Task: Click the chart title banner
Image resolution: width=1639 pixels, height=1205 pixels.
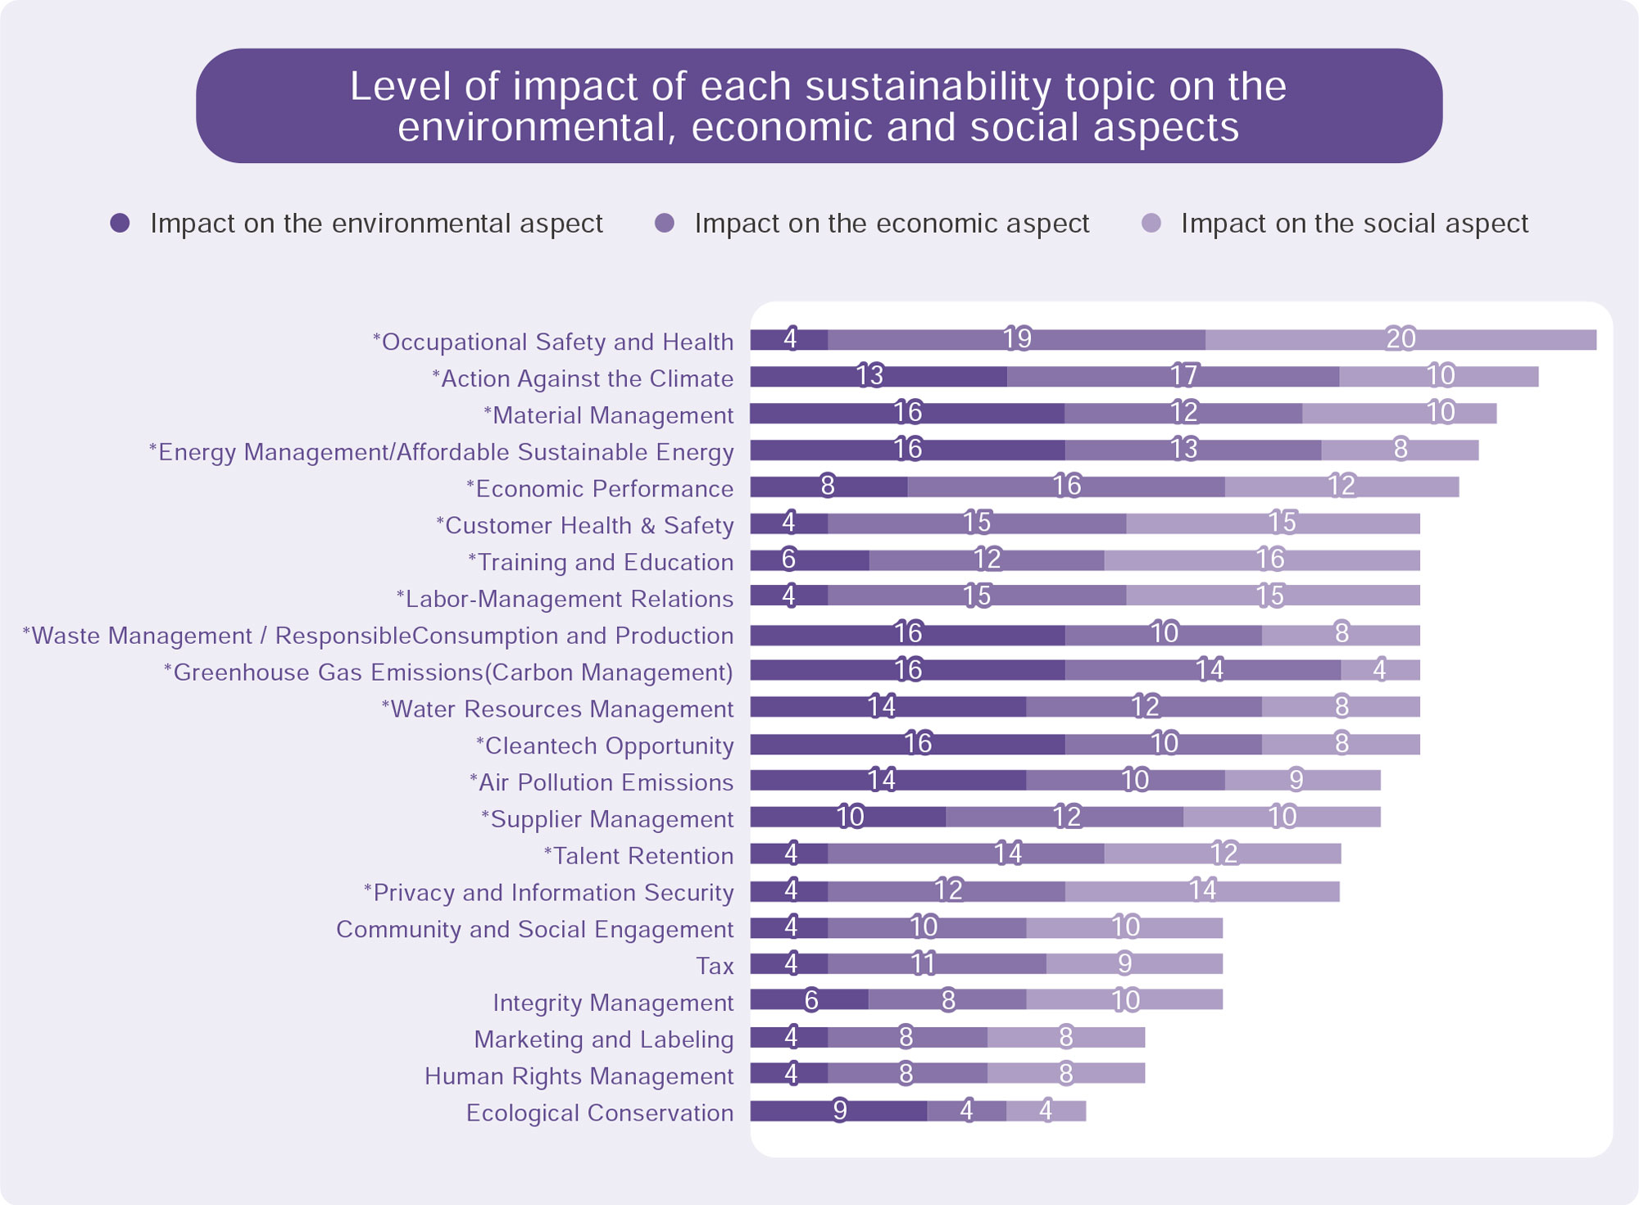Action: tap(819, 106)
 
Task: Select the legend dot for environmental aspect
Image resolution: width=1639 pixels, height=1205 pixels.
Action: tap(120, 223)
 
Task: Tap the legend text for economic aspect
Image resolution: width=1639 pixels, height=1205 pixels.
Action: tap(891, 224)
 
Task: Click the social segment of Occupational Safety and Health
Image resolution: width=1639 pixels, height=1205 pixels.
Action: tap(1400, 339)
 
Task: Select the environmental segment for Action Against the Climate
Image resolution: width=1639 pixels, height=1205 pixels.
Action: tap(878, 376)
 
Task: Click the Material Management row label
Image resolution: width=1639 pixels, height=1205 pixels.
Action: tap(608, 415)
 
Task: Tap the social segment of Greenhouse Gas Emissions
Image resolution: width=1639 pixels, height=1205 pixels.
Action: tap(1380, 670)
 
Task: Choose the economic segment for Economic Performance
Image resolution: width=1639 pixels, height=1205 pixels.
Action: tap(1065, 487)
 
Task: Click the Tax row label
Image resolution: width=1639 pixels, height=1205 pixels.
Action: tap(715, 966)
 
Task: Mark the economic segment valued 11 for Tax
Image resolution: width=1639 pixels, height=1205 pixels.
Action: tap(936, 963)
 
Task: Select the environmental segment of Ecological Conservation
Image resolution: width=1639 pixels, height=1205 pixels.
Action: tap(838, 1111)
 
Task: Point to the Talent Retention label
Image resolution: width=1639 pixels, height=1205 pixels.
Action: tap(638, 856)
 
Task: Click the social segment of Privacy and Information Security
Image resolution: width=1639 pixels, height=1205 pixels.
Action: tap(1201, 890)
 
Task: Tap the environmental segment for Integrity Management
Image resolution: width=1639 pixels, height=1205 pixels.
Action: tap(810, 999)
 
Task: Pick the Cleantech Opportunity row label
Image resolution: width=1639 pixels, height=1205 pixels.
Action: tap(605, 745)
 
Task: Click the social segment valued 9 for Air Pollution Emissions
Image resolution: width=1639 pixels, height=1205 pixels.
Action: tap(1301, 780)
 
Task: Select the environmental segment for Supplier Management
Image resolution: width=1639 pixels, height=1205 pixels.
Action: tap(848, 817)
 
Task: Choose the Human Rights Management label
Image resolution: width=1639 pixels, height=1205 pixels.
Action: tap(579, 1076)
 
